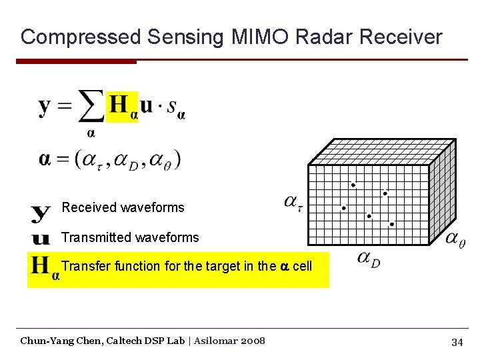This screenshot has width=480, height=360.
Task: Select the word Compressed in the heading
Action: pos(81,37)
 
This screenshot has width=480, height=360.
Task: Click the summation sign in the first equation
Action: pos(91,107)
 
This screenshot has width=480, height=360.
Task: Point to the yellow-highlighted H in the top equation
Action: pos(120,105)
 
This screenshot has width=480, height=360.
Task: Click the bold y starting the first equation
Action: pos(45,107)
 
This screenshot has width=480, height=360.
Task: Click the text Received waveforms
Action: pos(123,207)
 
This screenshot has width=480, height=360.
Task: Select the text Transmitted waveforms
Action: pos(130,237)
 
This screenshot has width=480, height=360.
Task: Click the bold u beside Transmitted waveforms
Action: pos(41,238)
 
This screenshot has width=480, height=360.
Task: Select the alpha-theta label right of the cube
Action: pos(455,239)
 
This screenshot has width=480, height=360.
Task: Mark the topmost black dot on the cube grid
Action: pos(353,185)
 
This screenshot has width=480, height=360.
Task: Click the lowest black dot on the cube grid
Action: pos(391,225)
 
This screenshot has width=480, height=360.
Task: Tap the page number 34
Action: pos(457,342)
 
